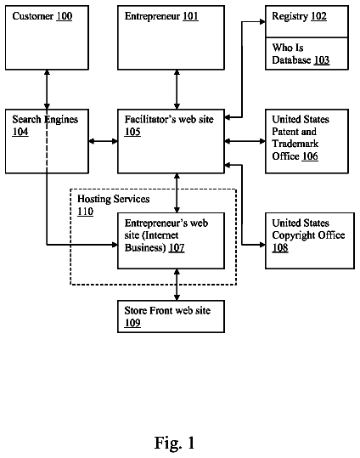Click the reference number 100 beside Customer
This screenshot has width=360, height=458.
point(65,16)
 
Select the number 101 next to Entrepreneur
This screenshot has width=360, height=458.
point(190,16)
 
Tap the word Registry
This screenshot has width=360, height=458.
point(290,16)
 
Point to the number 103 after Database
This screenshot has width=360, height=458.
point(322,59)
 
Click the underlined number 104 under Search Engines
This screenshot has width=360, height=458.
point(20,132)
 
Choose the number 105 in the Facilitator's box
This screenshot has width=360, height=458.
point(132,132)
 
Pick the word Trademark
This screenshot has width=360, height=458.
point(295,144)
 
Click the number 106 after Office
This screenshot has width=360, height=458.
point(310,156)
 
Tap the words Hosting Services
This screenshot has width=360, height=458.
point(113,199)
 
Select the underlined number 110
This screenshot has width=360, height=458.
point(85,212)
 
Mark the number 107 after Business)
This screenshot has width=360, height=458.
point(177,248)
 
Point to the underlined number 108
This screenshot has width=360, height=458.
point(280,248)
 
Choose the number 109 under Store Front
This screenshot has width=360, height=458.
point(132,323)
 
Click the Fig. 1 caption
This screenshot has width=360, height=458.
point(174,443)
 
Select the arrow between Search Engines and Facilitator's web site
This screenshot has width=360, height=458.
point(103,141)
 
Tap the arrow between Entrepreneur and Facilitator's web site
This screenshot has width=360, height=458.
point(177,89)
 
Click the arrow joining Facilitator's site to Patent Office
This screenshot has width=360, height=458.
point(245,141)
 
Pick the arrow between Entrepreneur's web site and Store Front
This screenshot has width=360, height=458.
point(177,285)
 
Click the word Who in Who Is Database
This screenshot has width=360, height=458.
point(280,48)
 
